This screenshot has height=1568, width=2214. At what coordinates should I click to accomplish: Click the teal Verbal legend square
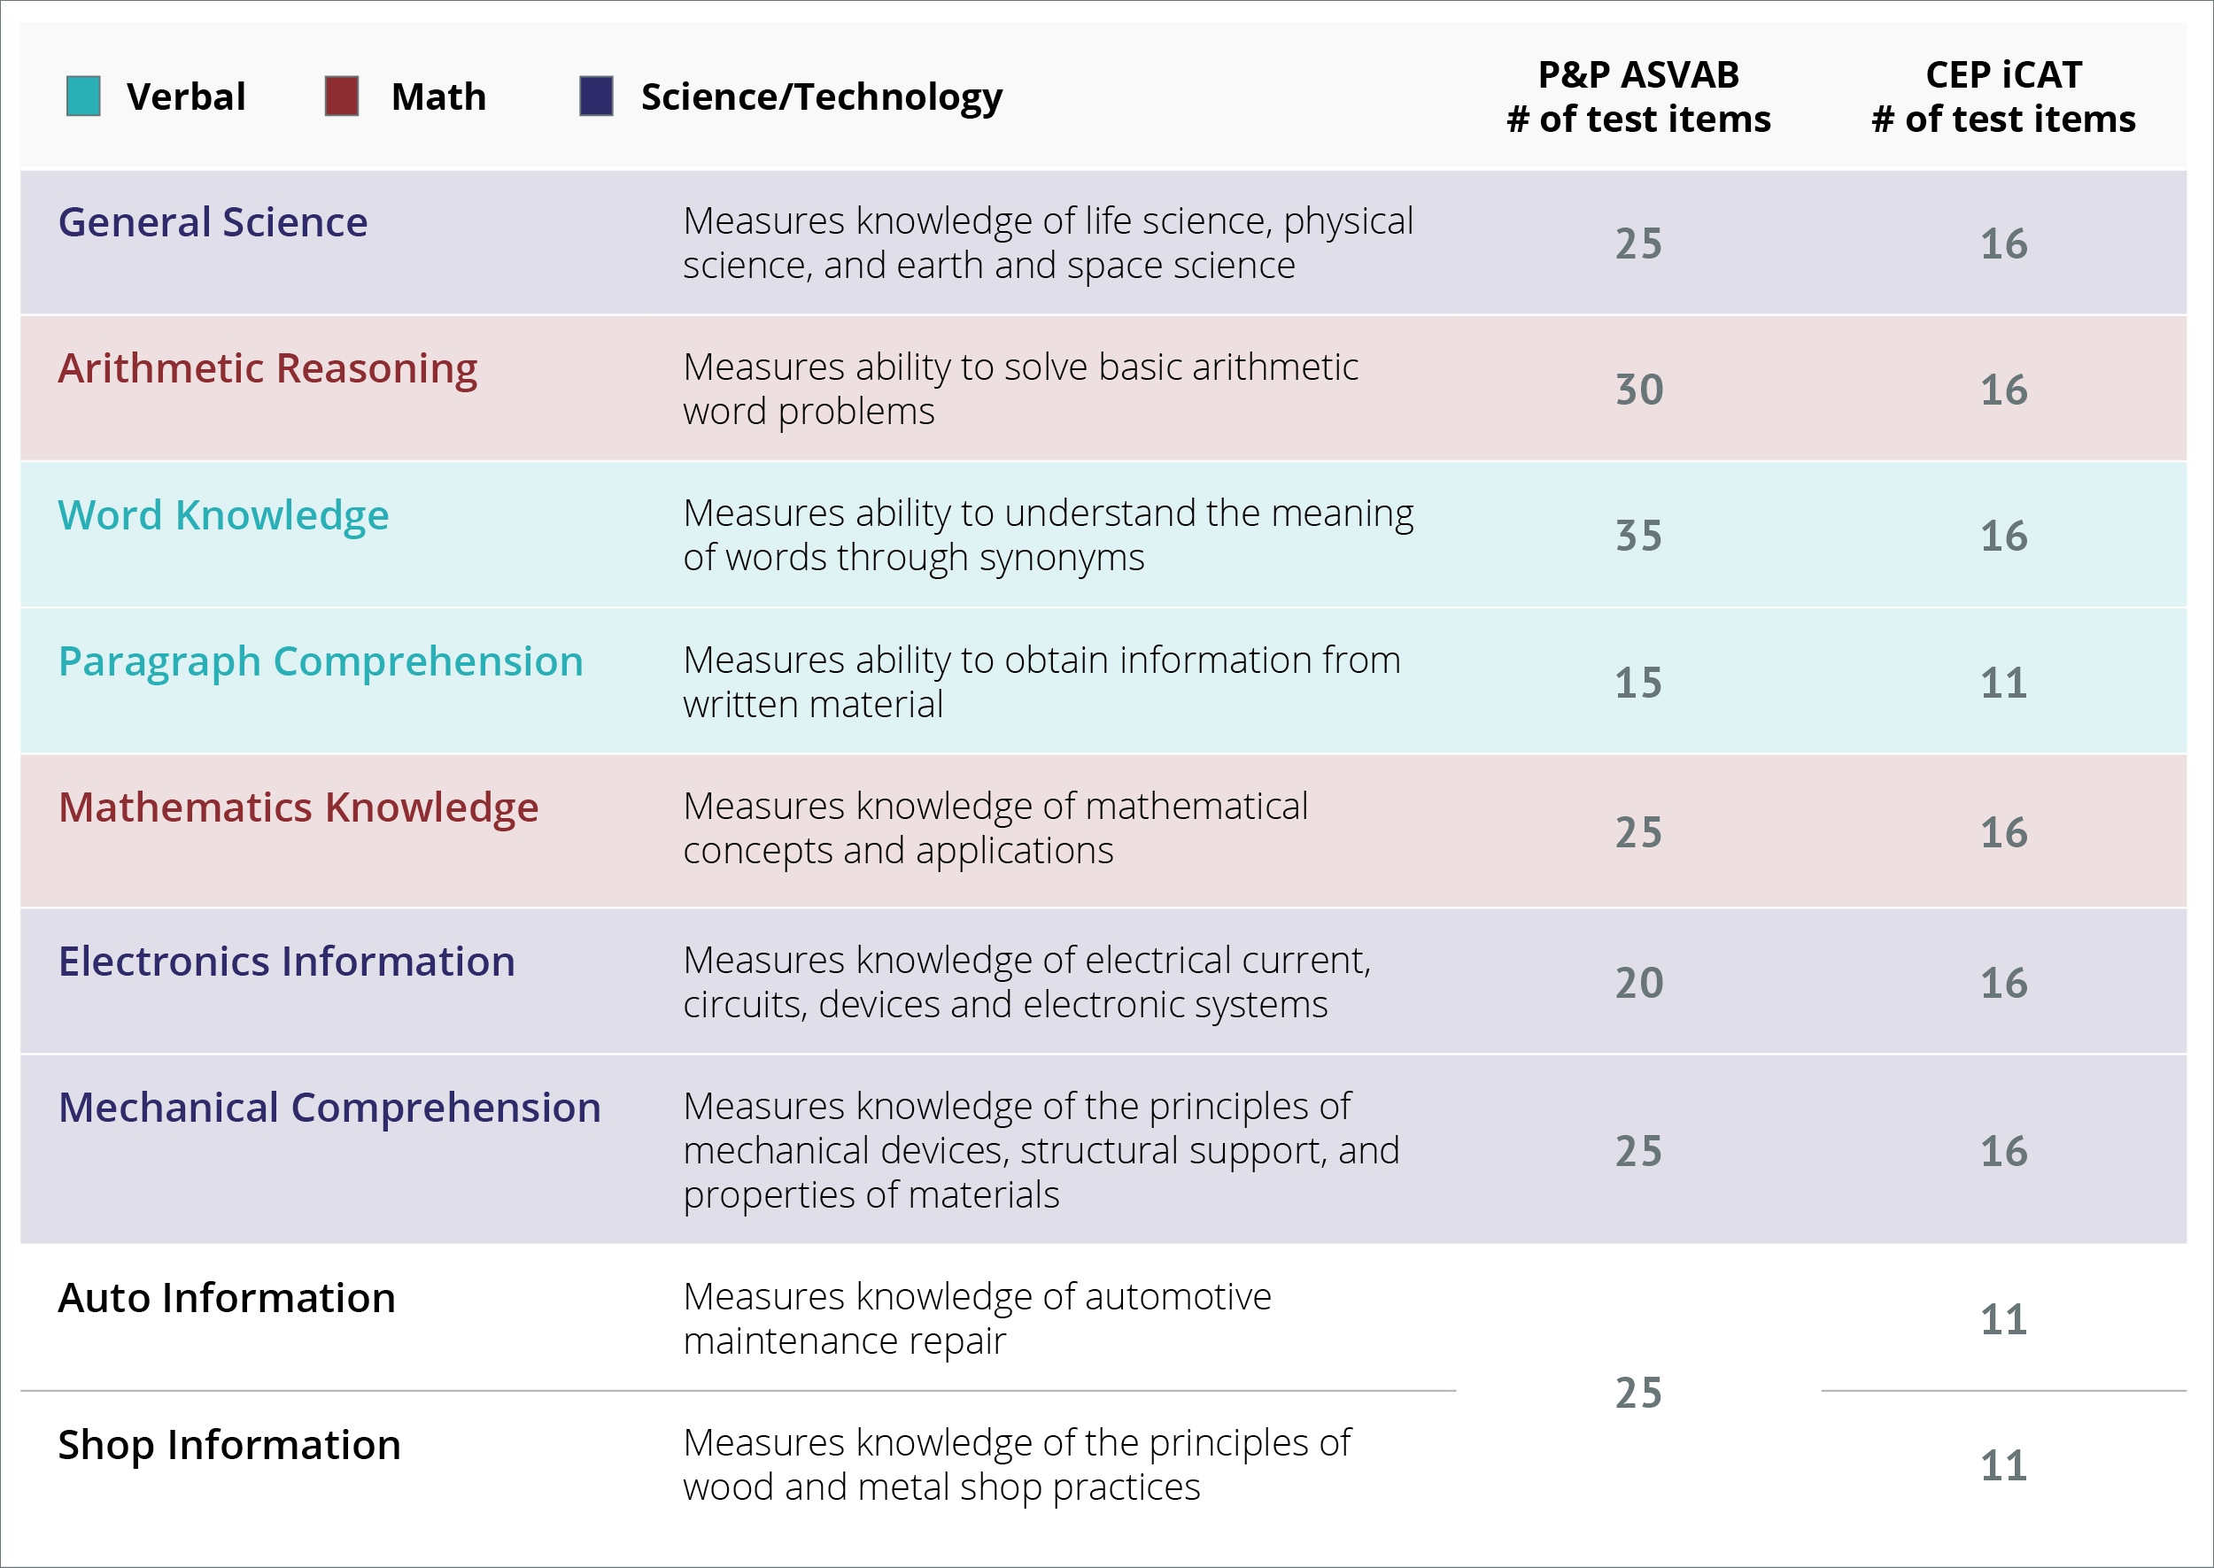click(x=83, y=97)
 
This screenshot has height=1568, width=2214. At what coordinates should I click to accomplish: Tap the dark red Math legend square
click(x=342, y=97)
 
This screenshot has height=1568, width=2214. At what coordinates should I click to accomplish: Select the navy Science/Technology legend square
click(x=596, y=97)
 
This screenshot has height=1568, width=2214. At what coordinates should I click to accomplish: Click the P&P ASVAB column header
click(x=1638, y=97)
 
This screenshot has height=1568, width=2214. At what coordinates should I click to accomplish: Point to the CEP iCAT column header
click(x=2003, y=97)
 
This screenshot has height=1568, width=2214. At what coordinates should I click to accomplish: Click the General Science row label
click(x=213, y=223)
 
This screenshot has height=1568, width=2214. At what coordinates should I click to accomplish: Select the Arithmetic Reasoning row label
click(x=267, y=369)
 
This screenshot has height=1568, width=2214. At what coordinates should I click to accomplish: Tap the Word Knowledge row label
click(x=223, y=515)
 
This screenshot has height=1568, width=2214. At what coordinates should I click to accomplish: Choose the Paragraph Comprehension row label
click(x=321, y=662)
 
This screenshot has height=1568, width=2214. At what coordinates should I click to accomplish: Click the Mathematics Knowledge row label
click(x=298, y=808)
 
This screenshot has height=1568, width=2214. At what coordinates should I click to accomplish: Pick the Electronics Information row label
click(x=287, y=962)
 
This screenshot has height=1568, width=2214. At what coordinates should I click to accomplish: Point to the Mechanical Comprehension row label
click(x=329, y=1108)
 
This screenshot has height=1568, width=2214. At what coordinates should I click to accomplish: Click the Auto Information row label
click(x=227, y=1299)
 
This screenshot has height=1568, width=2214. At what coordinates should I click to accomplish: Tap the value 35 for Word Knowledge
click(x=1639, y=537)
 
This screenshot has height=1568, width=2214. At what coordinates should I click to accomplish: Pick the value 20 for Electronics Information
click(x=1639, y=984)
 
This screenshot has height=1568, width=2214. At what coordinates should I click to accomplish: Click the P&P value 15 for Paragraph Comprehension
click(x=1638, y=684)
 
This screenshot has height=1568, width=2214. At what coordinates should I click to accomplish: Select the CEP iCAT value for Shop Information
click(x=2003, y=1466)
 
